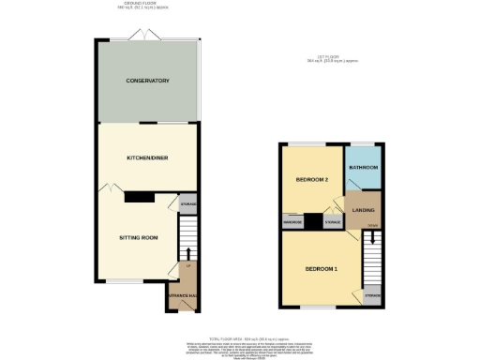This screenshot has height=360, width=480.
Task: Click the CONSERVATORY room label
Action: pos(147,82)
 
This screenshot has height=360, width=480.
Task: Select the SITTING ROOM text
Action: pos(138,238)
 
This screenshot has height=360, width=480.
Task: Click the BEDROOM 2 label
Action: pos(310,179)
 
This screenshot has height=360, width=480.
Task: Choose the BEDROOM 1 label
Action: pos(320,269)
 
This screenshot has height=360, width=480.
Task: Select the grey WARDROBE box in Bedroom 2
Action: pos(292,222)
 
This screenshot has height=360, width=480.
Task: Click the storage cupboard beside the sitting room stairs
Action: pos(187,203)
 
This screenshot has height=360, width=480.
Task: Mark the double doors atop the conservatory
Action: pos(147,36)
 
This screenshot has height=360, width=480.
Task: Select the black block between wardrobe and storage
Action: pos(313,223)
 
